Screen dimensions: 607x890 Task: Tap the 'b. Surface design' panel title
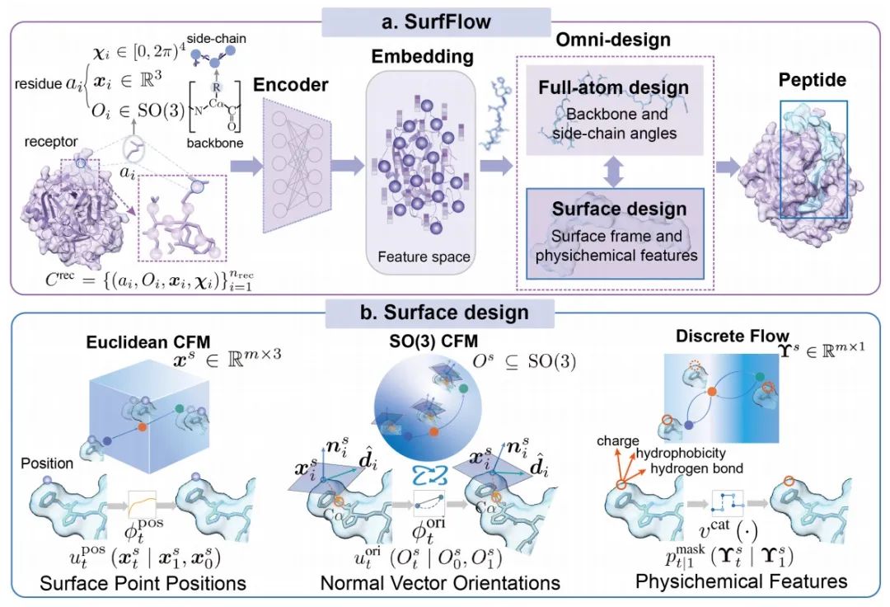(x=444, y=313)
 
